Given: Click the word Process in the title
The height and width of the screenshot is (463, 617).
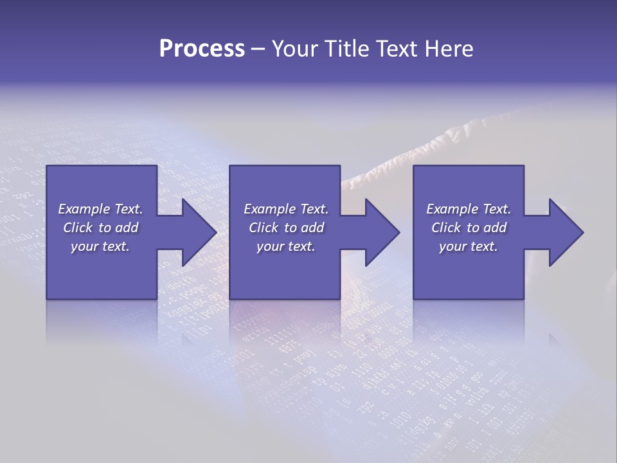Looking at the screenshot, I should tap(202, 49).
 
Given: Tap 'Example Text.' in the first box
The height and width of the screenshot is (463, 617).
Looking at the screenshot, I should tap(100, 209).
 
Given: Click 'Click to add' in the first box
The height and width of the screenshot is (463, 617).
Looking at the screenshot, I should tap(100, 228).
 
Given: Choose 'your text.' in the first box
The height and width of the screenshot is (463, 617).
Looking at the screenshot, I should tap(100, 246).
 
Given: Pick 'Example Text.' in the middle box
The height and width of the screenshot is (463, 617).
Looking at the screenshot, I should tap(285, 209).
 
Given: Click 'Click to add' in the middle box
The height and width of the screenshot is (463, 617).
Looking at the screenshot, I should tap(285, 228).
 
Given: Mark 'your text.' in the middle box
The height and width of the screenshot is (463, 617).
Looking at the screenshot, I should tap(285, 246).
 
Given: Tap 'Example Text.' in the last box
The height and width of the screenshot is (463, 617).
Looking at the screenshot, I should tap(469, 209).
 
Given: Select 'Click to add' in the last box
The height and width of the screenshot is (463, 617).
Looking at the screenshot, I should tap(469, 228).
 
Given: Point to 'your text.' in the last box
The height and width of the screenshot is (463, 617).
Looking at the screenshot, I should tap(469, 246).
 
